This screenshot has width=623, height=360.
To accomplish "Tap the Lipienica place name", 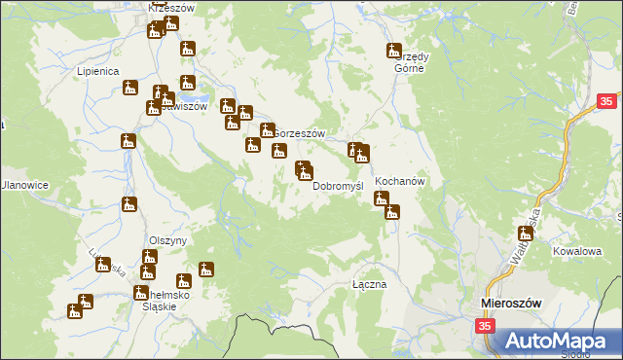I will click(x=97, y=71).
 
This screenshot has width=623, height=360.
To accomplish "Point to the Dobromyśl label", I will click(x=338, y=185).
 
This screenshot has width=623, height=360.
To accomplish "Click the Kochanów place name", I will click(x=396, y=181).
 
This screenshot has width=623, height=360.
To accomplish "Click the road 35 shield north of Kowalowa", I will click(x=606, y=100).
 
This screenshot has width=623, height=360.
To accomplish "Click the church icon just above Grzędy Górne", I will click(x=394, y=51).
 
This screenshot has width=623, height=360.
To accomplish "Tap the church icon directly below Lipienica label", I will click(x=130, y=89).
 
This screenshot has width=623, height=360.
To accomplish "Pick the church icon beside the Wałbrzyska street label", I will click(x=526, y=232).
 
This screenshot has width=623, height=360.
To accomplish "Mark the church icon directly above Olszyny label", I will click(x=129, y=204).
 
